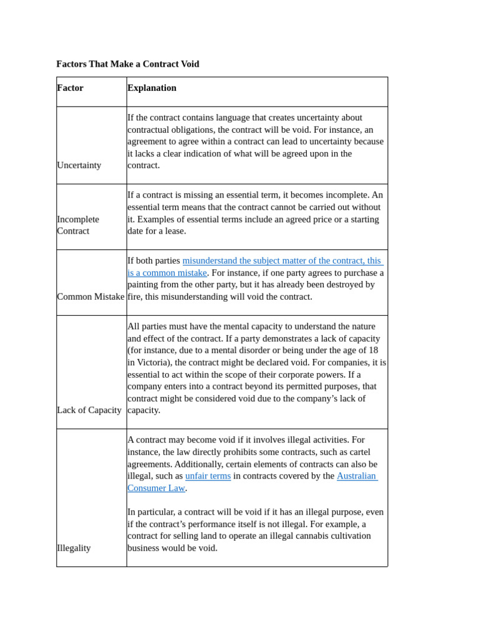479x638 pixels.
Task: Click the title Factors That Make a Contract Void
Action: (128, 64)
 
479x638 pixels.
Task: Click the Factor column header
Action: (70, 88)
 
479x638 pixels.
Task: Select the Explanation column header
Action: (152, 88)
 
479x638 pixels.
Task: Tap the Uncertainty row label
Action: (79, 165)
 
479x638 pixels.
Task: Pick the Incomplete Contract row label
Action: (78, 225)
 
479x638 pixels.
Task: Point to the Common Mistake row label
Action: (90, 297)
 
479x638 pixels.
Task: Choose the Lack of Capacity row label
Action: (89, 410)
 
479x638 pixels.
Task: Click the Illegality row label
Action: (74, 548)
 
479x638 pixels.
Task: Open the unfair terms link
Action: (208, 476)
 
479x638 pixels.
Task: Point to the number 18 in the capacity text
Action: (372, 350)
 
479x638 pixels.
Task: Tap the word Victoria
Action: (154, 362)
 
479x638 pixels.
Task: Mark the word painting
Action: (145, 285)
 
